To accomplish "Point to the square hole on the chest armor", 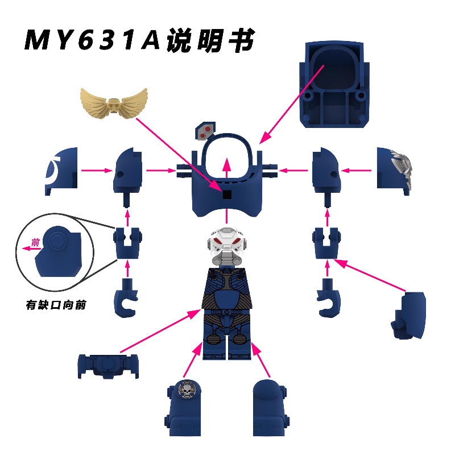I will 227,195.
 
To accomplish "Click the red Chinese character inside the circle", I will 35,242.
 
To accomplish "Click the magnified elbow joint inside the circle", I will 60,250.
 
